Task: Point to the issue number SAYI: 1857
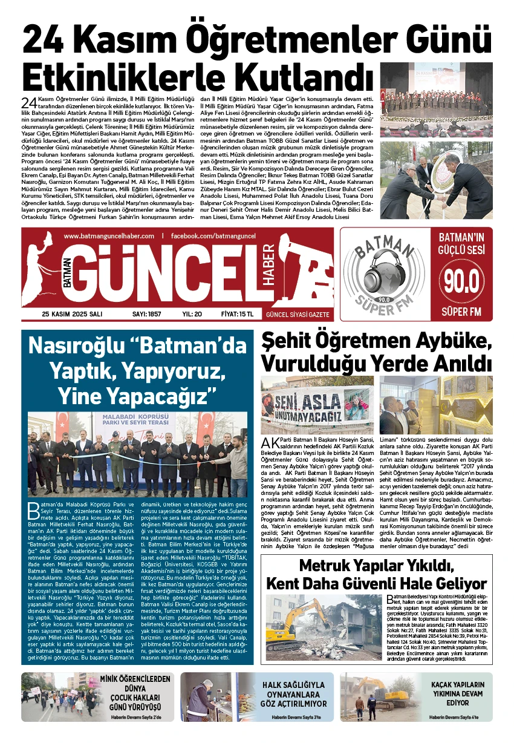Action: pos(147,314)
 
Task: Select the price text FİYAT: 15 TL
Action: pos(237,314)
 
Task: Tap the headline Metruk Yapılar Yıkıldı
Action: pos(377,568)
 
